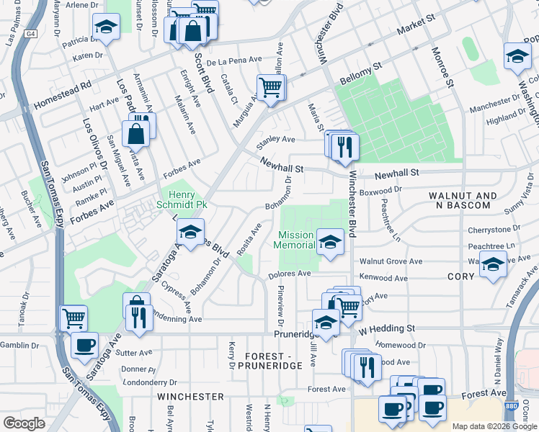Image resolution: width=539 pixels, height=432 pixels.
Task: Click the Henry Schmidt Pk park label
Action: (x=188, y=199)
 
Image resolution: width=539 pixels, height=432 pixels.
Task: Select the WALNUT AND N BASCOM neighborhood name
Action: (x=463, y=201)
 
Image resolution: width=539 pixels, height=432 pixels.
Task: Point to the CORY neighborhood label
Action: (x=460, y=276)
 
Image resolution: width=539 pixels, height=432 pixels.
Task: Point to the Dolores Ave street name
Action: (x=289, y=274)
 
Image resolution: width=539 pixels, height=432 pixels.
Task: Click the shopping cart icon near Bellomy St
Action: (x=271, y=87)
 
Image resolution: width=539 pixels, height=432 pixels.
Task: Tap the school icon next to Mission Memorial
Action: (x=330, y=242)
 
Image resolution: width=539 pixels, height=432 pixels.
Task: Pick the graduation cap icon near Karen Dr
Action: (x=106, y=27)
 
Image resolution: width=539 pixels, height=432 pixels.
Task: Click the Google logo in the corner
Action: (x=24, y=423)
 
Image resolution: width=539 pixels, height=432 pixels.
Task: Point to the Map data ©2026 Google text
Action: (x=494, y=426)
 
